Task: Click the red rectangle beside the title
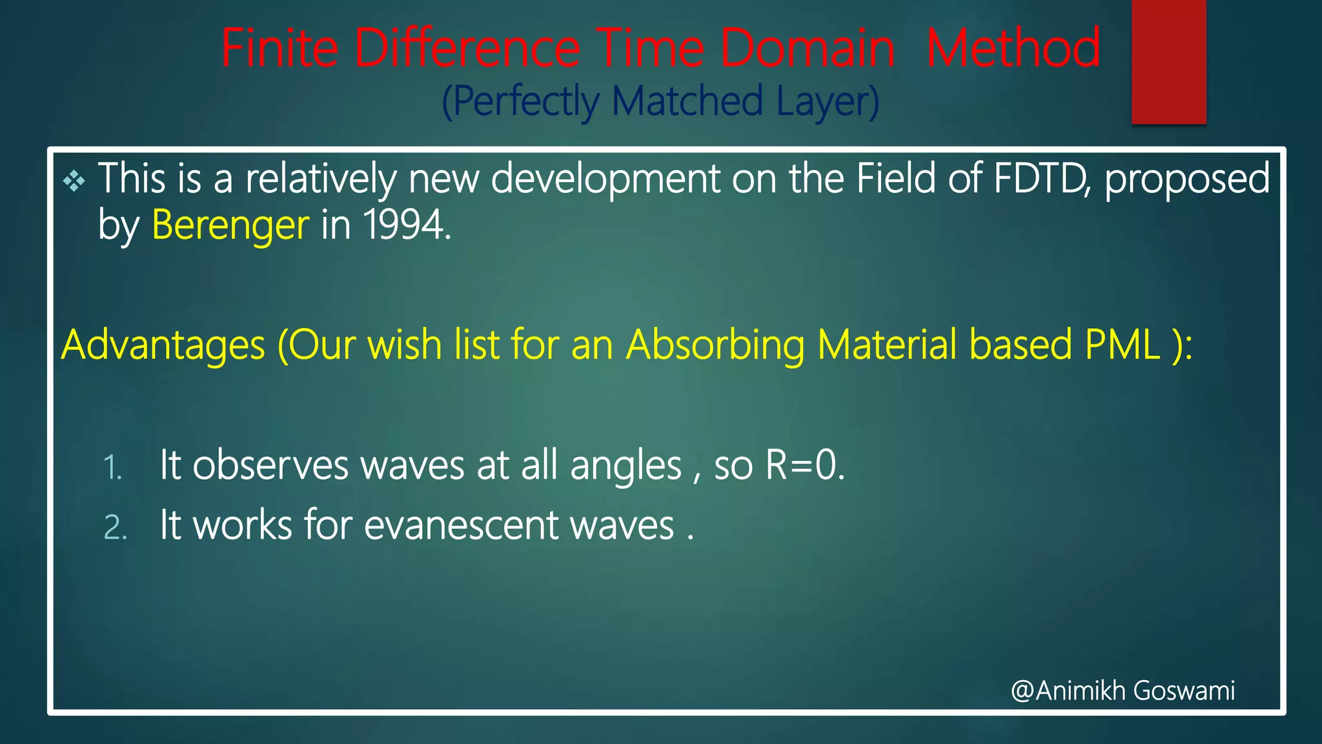click(x=1168, y=62)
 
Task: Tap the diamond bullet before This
click(x=74, y=181)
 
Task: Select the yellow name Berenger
click(x=230, y=225)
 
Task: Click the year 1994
click(x=406, y=225)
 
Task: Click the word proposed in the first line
click(x=1186, y=180)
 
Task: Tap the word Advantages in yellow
click(x=163, y=345)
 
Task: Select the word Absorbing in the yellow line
click(x=715, y=345)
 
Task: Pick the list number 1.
click(x=112, y=468)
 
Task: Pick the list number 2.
click(x=115, y=527)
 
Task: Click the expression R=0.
click(x=804, y=464)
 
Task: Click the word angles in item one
click(x=625, y=466)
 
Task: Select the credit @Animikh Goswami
click(x=1123, y=690)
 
